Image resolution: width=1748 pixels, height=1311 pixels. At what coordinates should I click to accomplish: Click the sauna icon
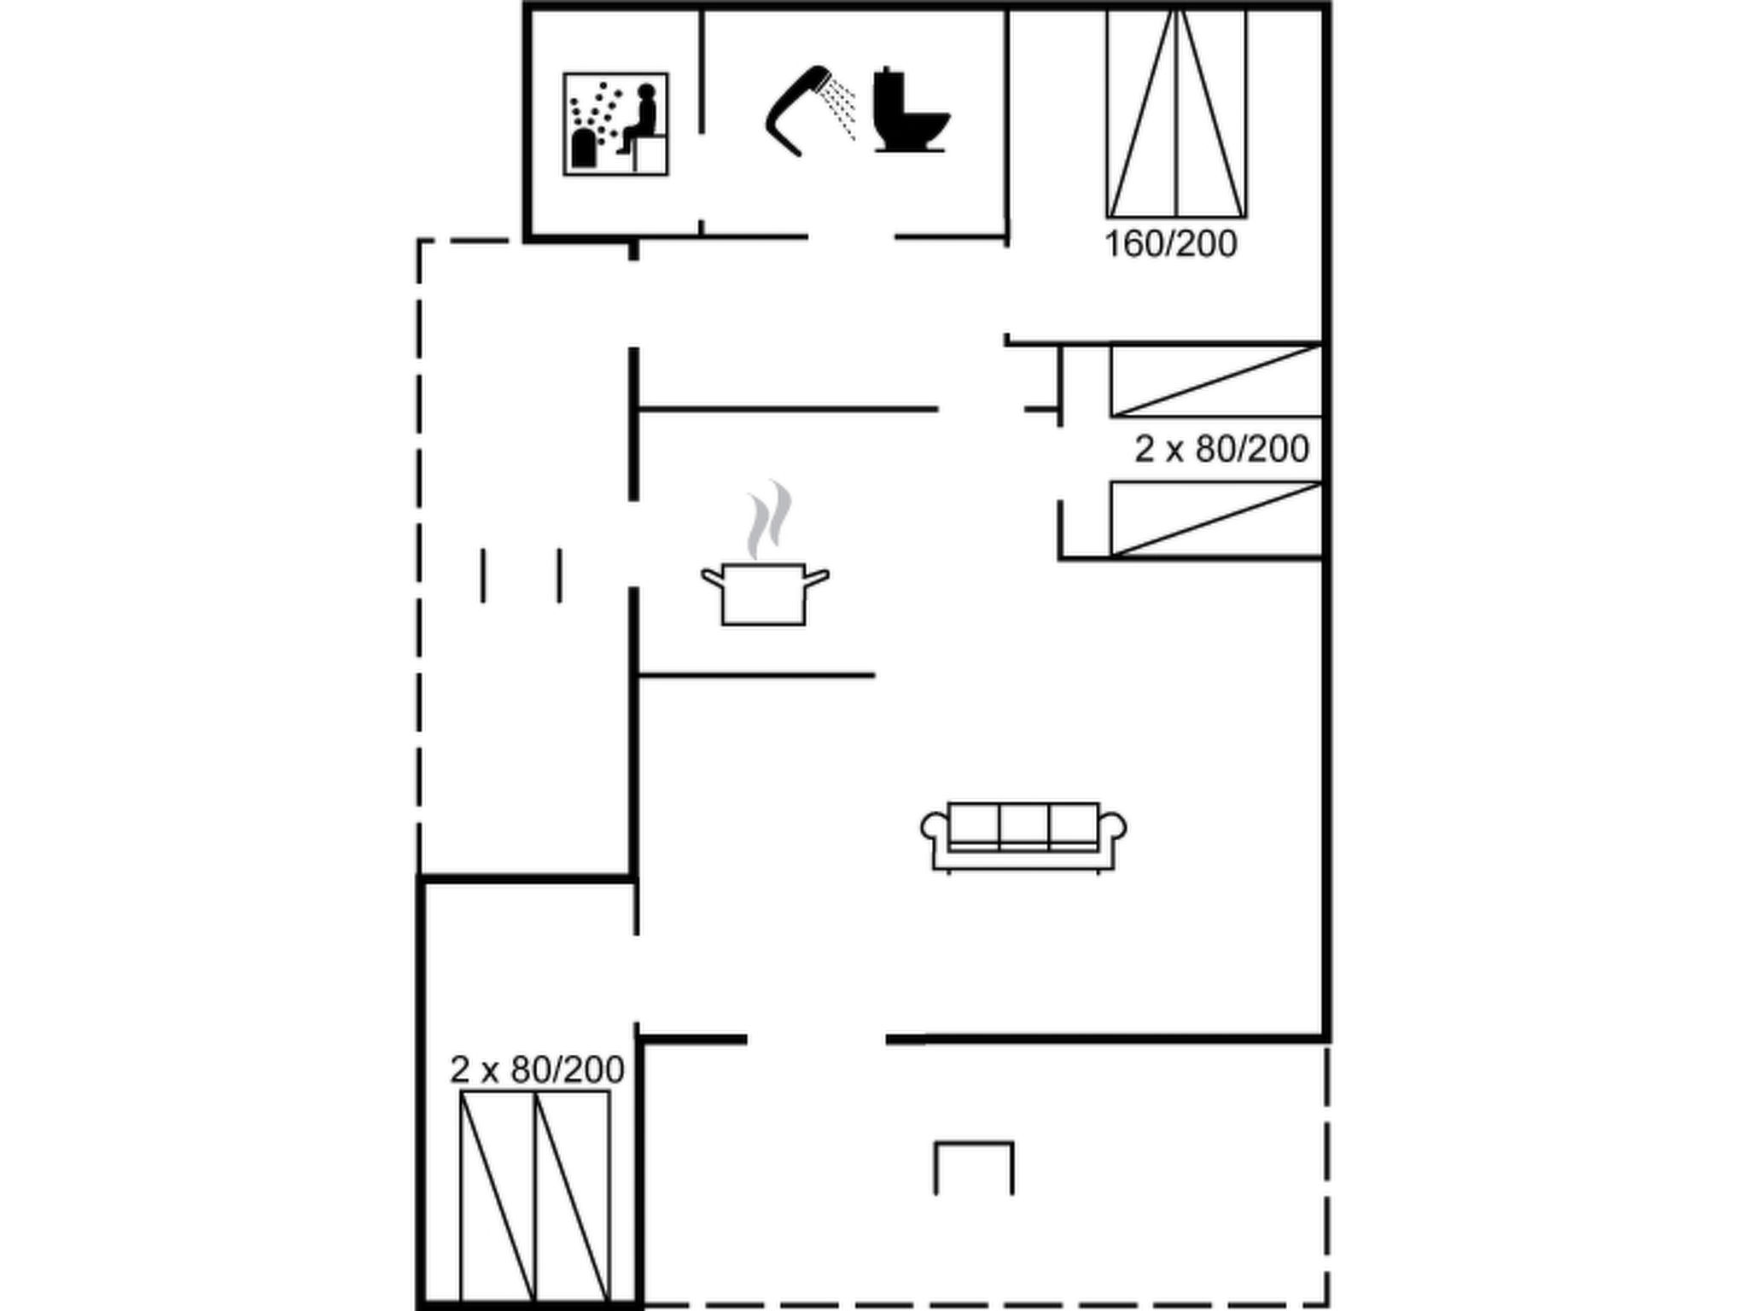click(x=615, y=124)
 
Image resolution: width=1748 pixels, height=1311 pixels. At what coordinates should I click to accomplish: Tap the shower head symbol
click(x=797, y=109)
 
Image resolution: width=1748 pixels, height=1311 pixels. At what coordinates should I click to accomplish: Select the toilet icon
click(x=911, y=109)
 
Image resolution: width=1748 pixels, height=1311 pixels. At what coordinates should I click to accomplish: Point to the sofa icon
click(x=1023, y=837)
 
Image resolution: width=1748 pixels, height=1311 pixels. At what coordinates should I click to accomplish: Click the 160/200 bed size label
click(x=1171, y=244)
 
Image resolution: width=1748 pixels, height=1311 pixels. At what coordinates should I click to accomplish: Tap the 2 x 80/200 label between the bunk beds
click(x=1221, y=449)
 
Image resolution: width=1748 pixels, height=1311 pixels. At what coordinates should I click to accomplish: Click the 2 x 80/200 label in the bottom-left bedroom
click(x=537, y=1069)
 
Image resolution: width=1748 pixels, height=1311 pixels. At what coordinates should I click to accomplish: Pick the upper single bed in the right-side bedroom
click(x=1216, y=381)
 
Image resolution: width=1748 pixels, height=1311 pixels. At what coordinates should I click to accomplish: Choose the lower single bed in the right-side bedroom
click(x=1216, y=519)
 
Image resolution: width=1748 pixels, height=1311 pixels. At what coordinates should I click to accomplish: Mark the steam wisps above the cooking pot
click(x=769, y=519)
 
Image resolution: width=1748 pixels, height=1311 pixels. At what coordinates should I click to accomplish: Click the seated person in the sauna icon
click(x=638, y=119)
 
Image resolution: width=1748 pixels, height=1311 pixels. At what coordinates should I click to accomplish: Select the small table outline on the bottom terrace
click(x=974, y=1167)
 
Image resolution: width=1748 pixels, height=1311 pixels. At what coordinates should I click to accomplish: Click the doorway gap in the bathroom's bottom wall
click(x=851, y=236)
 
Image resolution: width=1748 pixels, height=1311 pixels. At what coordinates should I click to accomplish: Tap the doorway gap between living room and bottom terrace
click(x=817, y=1039)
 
